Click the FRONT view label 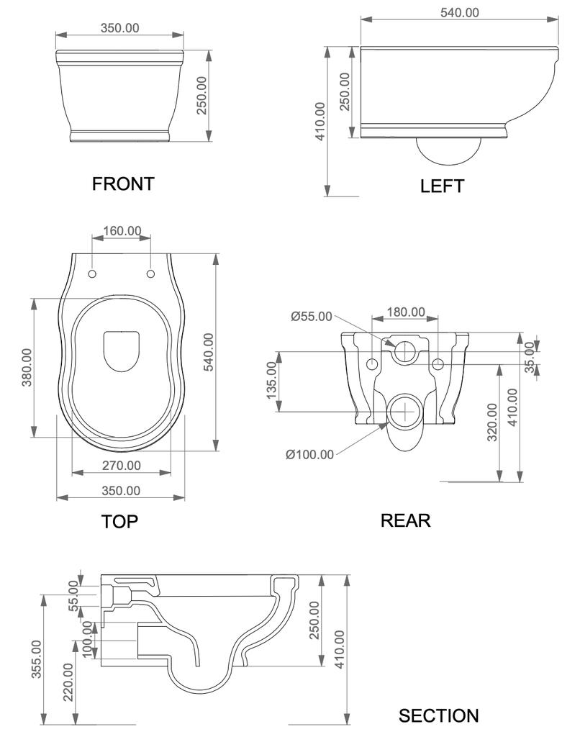(x=123, y=184)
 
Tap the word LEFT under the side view (x=442, y=186)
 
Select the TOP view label (x=120, y=522)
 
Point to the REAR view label (x=405, y=520)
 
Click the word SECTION (x=438, y=716)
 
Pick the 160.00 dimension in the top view (x=122, y=231)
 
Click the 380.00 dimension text (x=27, y=367)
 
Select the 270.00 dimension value (x=122, y=466)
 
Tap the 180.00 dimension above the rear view (x=406, y=312)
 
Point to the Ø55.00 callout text (x=312, y=317)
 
